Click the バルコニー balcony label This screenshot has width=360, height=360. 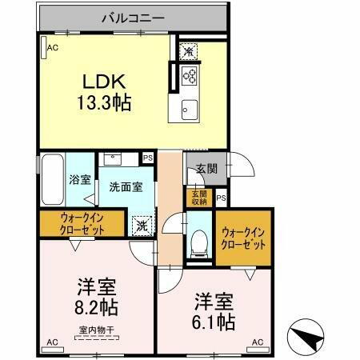pos(132,17)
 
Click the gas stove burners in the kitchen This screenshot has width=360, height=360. pos(191,78)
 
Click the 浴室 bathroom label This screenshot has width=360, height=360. pos(80,180)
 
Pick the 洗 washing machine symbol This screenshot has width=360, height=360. pos(142,226)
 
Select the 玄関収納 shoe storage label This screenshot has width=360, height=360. pos(198,198)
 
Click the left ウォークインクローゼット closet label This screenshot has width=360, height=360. pos(81,223)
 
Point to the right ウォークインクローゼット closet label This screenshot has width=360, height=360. pos(243,238)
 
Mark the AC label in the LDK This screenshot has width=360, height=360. pos(53,48)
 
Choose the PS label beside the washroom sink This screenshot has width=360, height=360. pos(148,158)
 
